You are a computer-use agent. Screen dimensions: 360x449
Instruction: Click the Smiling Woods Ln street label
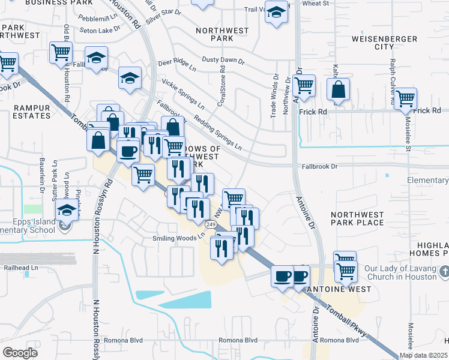coord(178,238)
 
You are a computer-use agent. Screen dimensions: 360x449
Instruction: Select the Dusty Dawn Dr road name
coord(223,61)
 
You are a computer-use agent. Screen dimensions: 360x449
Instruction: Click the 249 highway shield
coord(210,224)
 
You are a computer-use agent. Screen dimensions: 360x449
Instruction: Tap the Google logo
coord(20,353)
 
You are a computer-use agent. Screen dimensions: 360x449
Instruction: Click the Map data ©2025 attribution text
coord(423,355)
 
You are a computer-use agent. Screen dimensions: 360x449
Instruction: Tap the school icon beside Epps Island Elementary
coord(67,210)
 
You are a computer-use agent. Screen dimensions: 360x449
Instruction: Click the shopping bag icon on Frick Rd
coord(339,90)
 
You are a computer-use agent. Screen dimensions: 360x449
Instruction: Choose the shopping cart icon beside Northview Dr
coord(304,86)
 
